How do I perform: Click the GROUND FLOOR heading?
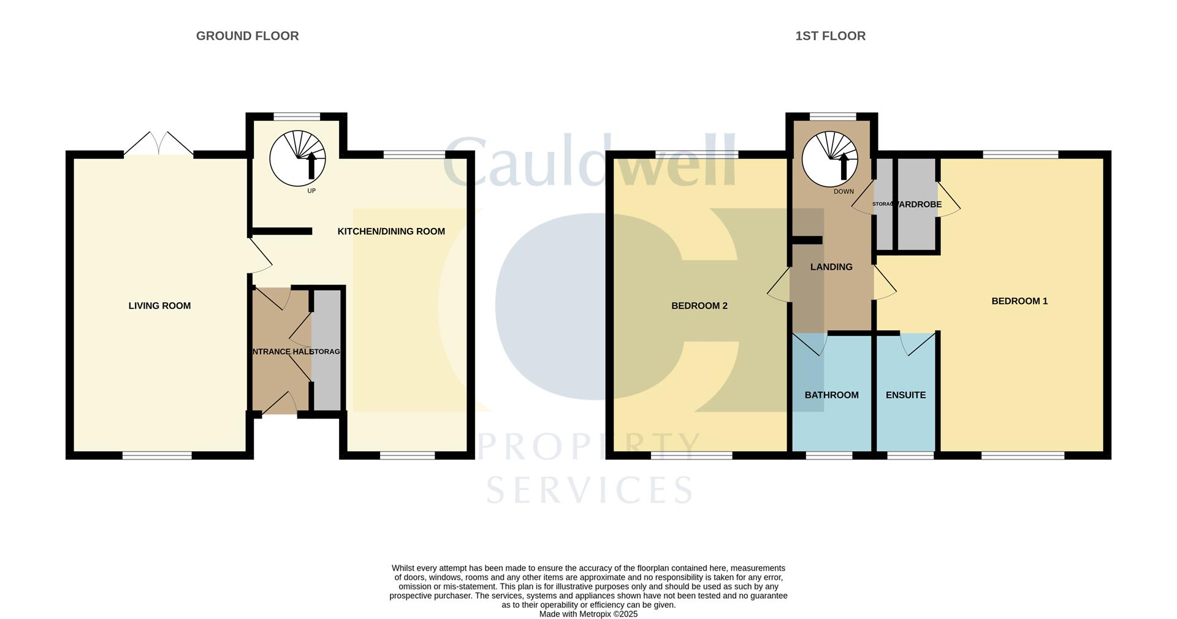click(x=247, y=36)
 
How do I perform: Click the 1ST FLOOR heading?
click(x=830, y=36)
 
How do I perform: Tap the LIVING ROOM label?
click(x=159, y=306)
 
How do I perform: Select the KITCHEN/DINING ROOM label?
click(x=391, y=232)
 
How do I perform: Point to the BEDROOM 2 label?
click(x=699, y=306)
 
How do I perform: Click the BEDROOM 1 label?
click(x=1019, y=301)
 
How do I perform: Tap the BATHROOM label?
click(x=831, y=395)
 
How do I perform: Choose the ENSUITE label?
click(x=905, y=395)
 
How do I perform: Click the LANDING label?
click(x=831, y=267)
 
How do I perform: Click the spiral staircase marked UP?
click(x=297, y=158)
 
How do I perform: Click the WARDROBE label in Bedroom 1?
click(x=918, y=205)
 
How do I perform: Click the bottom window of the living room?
click(x=157, y=455)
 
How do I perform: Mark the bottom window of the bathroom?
click(x=829, y=455)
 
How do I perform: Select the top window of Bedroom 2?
click(x=696, y=154)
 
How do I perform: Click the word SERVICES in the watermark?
click(x=590, y=490)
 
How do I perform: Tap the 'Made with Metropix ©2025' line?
click(x=588, y=614)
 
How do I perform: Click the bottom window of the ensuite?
click(x=910, y=455)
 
